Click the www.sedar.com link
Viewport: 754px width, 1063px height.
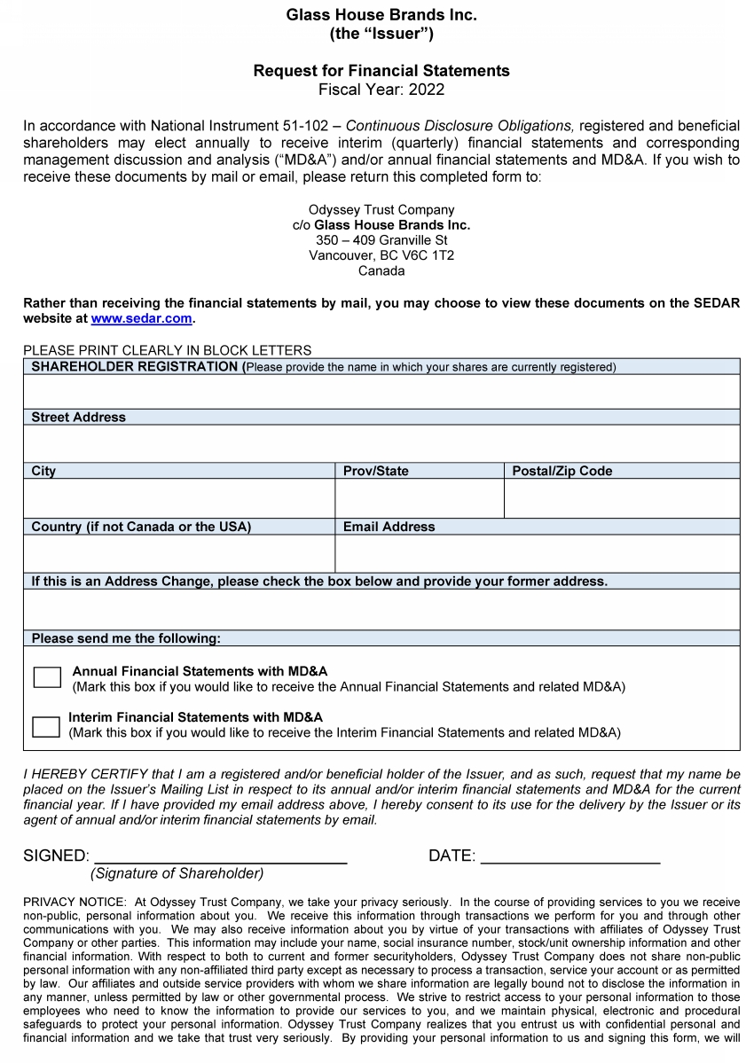click(141, 318)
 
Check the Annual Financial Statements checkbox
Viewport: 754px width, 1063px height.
click(47, 677)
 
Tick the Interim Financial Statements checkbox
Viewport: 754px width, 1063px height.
click(45, 726)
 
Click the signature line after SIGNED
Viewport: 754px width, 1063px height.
click(220, 856)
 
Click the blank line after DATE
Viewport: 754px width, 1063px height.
click(569, 856)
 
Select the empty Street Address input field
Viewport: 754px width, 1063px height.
click(381, 443)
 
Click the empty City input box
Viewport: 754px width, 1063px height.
click(179, 498)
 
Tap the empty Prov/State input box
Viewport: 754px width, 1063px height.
click(420, 498)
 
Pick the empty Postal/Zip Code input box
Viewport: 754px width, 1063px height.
click(622, 498)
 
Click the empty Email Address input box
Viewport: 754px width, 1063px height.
click(538, 553)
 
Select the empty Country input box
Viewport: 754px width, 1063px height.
click(179, 553)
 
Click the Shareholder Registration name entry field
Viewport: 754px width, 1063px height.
click(381, 391)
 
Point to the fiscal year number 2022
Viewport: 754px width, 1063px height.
click(427, 90)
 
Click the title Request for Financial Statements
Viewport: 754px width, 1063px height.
click(381, 71)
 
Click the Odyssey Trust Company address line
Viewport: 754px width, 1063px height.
click(381, 210)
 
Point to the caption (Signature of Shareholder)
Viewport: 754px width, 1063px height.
click(177, 873)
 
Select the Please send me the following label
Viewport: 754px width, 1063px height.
click(126, 638)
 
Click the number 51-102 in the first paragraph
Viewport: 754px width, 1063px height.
click(302, 127)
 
